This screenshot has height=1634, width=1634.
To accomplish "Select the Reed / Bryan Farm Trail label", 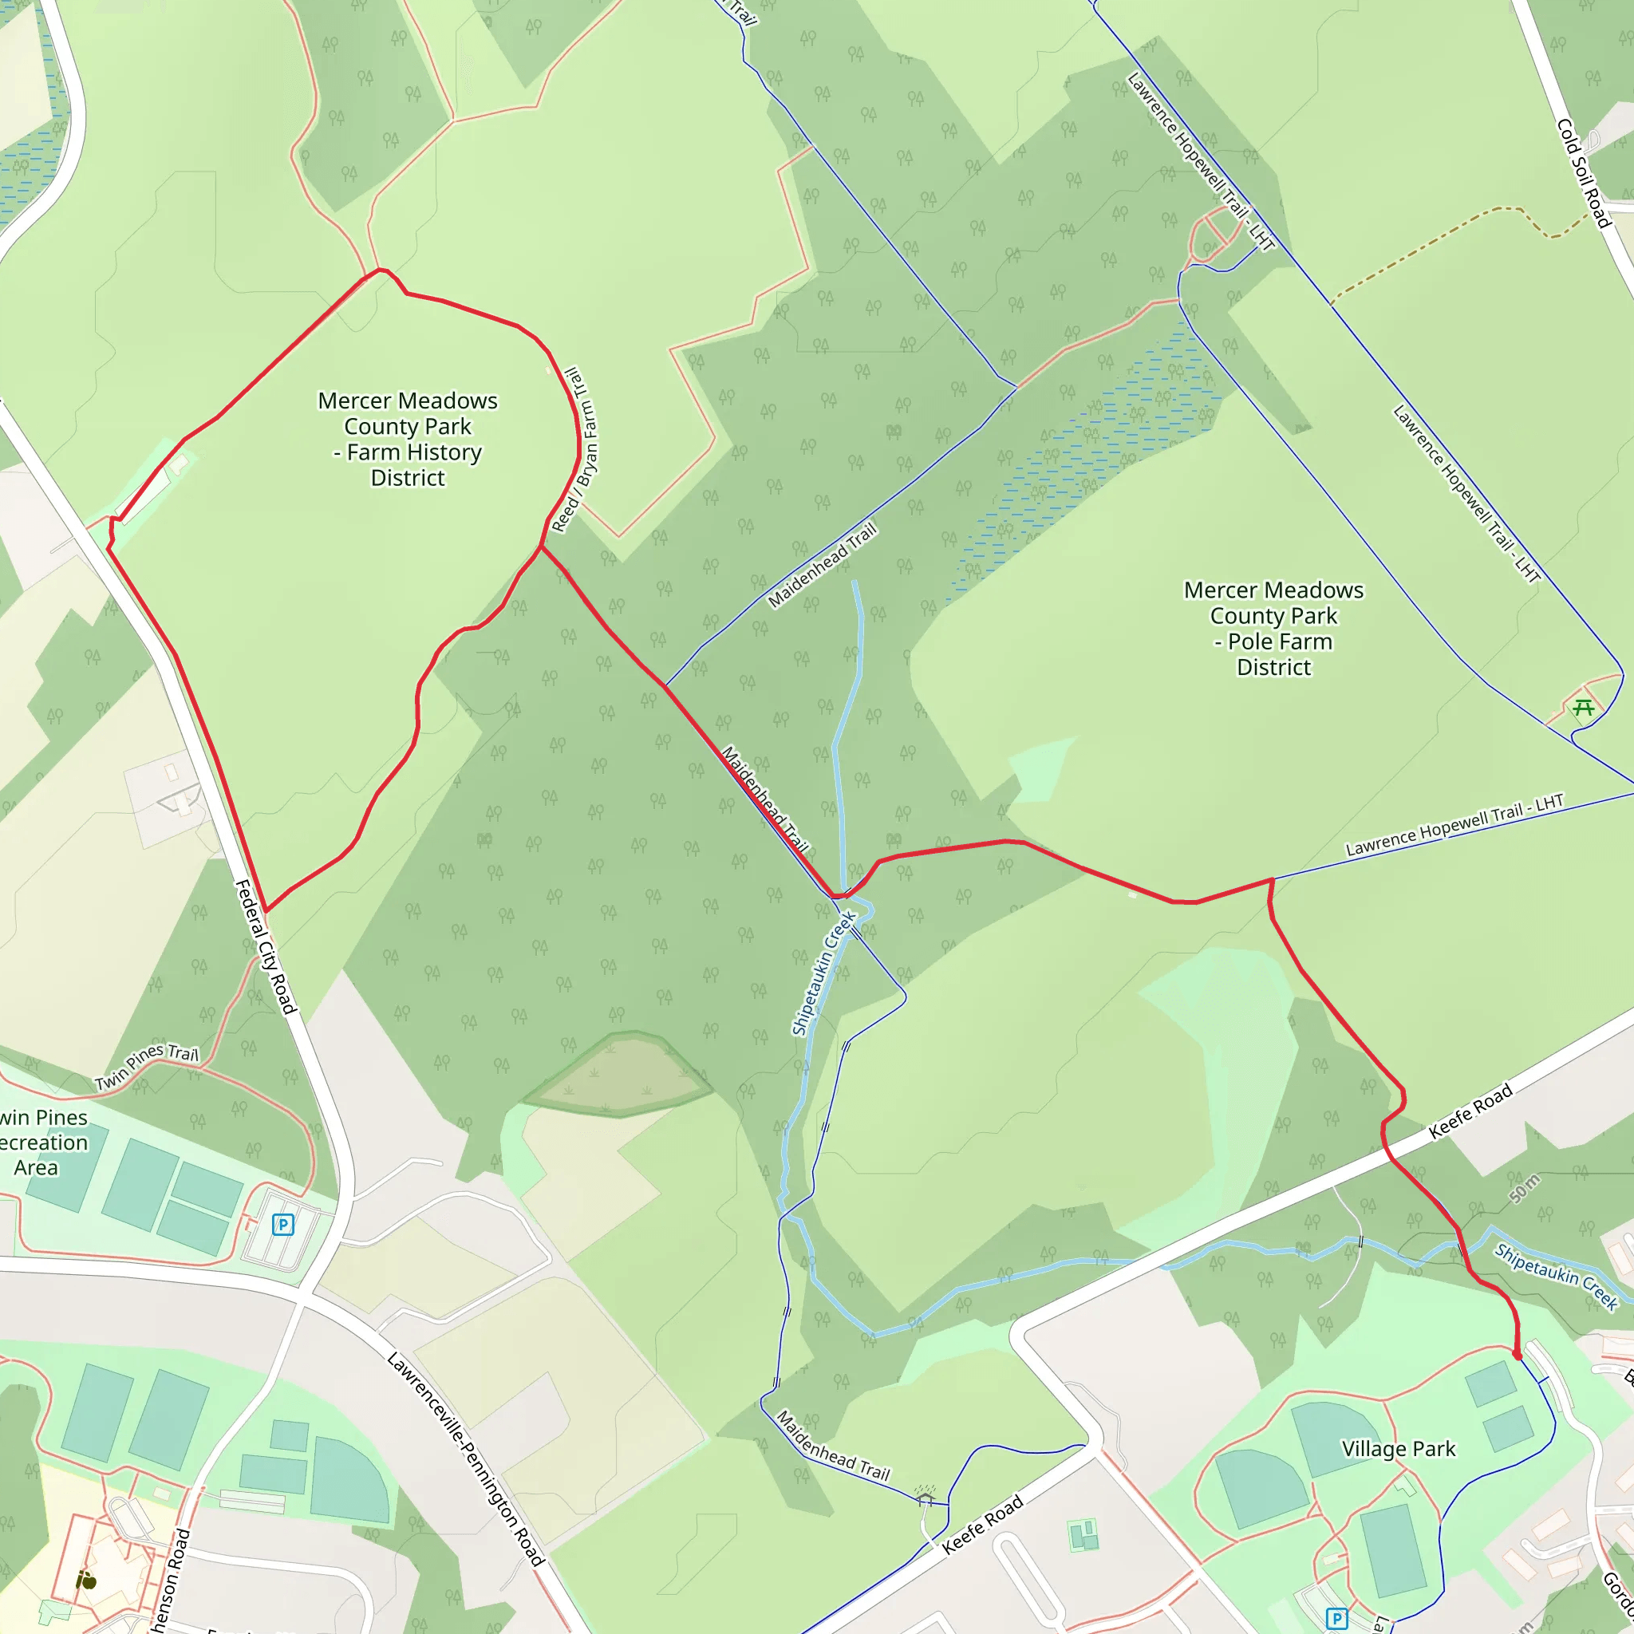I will [576, 449].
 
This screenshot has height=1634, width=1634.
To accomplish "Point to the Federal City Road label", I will [265, 946].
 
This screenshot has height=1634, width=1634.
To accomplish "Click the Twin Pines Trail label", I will [146, 1067].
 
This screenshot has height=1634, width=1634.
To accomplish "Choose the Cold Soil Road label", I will [1583, 173].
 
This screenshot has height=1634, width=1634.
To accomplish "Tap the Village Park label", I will [1398, 1450].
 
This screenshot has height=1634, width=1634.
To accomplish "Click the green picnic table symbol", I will [1583, 707].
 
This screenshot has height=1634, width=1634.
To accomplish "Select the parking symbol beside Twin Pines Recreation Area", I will [282, 1224].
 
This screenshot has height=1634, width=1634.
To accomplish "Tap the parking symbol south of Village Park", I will [1336, 1619].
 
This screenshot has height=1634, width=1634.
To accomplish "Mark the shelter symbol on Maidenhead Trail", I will [925, 1497].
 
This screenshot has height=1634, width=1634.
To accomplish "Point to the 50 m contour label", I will [1525, 1189].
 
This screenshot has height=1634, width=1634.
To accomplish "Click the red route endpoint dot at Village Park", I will [1518, 1356].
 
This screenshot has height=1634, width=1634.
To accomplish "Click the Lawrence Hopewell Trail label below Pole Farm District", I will [1454, 825].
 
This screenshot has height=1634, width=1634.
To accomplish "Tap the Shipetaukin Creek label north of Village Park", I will [1555, 1277].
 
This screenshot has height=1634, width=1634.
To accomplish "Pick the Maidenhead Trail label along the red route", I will [764, 799].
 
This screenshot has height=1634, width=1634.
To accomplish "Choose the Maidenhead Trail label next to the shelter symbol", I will [832, 1447].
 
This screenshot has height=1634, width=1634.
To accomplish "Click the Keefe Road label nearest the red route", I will [1470, 1112].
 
